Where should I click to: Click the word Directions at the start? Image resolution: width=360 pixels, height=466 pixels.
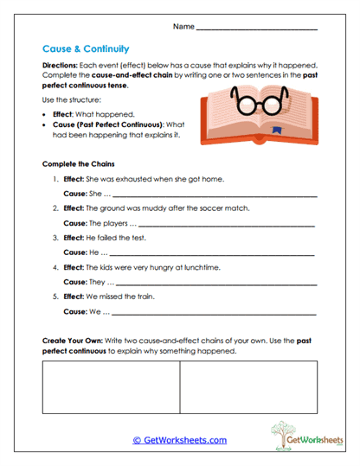[61, 66]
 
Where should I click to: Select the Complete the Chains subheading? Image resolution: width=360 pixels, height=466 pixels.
[80, 163]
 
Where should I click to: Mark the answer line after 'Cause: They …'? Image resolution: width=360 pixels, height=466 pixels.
[217, 284]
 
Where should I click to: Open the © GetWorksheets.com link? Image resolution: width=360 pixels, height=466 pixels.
[180, 440]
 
